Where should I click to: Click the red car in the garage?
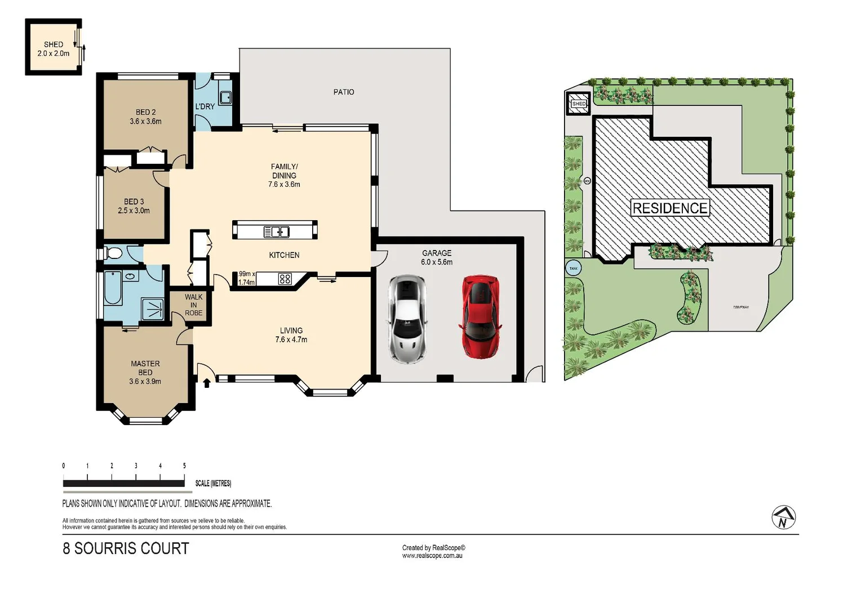[480, 316]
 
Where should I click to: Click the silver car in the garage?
[407, 319]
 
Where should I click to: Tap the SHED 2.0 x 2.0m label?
[54, 49]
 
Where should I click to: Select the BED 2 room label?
[145, 117]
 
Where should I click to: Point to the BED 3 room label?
[134, 206]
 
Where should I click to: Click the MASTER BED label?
[145, 372]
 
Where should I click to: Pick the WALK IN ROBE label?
[193, 305]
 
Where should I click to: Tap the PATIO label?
[344, 92]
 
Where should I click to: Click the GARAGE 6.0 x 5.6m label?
[437, 258]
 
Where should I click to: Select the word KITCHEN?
[284, 255]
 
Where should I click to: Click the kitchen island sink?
[276, 231]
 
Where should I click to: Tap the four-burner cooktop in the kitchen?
[285, 278]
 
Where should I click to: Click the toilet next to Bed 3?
[112, 253]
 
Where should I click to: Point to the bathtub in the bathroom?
[113, 288]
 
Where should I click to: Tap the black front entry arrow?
[206, 383]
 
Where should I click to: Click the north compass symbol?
[783, 517]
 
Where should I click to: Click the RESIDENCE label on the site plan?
[669, 208]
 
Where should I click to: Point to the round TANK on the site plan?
[573, 269]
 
